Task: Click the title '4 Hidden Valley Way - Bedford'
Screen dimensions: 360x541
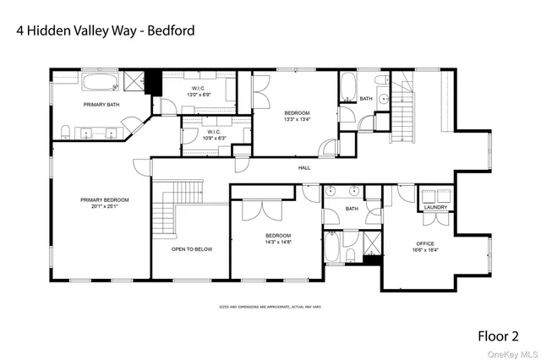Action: pos(106,30)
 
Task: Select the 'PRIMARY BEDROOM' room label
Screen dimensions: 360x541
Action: pos(102,200)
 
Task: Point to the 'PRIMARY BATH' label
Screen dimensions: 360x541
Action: pos(100,104)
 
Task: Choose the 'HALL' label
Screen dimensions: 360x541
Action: pos(304,168)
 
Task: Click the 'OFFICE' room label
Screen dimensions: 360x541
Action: pos(424,244)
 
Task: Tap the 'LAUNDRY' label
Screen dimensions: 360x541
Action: pos(435,207)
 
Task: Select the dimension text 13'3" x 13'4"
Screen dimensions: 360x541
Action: pos(297,119)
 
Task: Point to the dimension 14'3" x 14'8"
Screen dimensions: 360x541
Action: pos(278,243)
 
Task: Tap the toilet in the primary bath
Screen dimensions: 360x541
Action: pos(66,130)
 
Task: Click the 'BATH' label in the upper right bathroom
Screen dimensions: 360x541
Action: pos(365,99)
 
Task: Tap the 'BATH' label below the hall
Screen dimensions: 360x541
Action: pos(352,208)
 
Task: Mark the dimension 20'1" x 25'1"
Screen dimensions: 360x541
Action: pos(102,207)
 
